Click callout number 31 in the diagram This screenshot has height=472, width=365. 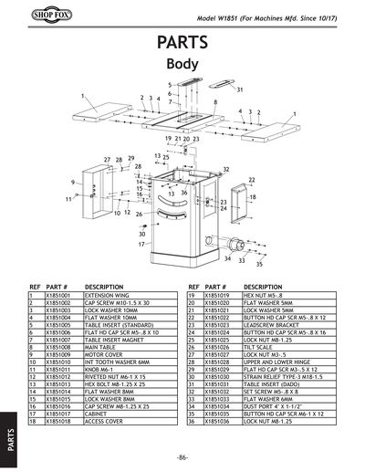pyautogui.click(x=239, y=90)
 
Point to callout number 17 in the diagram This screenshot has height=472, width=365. pyautogui.click(x=142, y=245)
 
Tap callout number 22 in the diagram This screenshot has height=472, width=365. pyautogui.click(x=251, y=180)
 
